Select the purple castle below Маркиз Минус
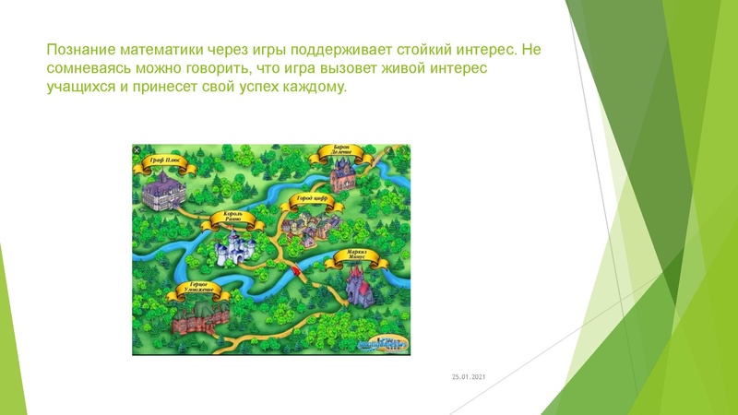pos(357,283)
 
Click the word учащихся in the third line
pos(80,88)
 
